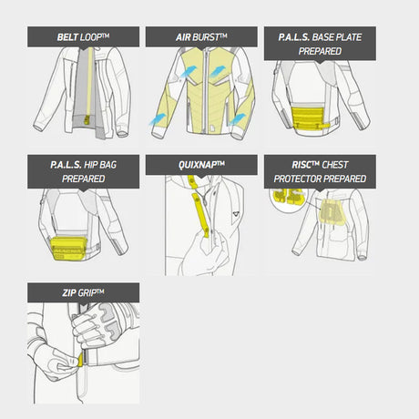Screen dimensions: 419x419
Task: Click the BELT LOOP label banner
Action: point(83,36)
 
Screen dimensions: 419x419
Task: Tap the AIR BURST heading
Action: point(201,36)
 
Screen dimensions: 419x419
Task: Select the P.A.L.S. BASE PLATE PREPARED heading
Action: point(320,44)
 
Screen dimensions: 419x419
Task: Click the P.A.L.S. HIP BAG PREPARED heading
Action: point(83,171)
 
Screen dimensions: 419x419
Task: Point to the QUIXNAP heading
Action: point(201,165)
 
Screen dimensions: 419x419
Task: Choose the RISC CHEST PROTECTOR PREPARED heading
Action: point(320,171)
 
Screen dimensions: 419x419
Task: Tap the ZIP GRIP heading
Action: point(83,292)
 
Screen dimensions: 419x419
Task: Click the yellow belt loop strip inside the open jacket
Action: point(89,85)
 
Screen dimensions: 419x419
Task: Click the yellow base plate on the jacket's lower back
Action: point(311,118)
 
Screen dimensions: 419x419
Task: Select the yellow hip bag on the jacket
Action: point(68,249)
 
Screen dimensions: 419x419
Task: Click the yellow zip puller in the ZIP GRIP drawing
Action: point(81,360)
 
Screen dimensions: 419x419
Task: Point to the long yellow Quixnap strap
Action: point(200,215)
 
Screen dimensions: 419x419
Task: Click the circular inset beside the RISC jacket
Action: point(287,198)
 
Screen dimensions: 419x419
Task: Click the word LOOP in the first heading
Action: point(95,37)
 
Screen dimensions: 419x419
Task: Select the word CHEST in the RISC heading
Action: point(335,165)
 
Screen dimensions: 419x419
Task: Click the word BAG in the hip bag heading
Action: point(107,165)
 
